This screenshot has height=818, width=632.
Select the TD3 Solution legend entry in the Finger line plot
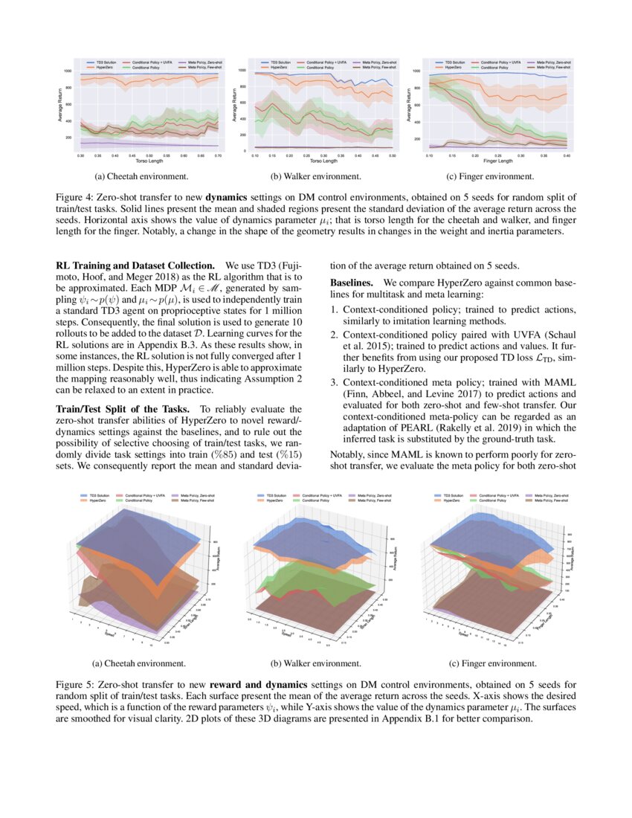point(453,62)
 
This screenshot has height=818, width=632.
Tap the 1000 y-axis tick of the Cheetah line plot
point(68,71)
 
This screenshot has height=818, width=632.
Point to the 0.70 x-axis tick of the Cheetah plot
point(218,156)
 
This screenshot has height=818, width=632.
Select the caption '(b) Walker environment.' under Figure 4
point(316,177)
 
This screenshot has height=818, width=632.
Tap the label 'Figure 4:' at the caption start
point(75,197)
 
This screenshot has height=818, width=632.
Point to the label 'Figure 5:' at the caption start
point(75,683)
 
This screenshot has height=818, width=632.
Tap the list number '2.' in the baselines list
point(334,334)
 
